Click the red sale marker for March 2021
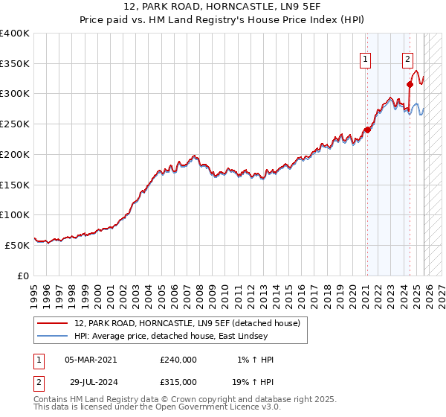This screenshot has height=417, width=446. (x=366, y=130)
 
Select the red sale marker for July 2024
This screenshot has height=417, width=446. (x=410, y=84)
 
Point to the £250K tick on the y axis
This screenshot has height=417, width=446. (x=15, y=124)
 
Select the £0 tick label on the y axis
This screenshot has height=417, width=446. (x=22, y=276)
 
